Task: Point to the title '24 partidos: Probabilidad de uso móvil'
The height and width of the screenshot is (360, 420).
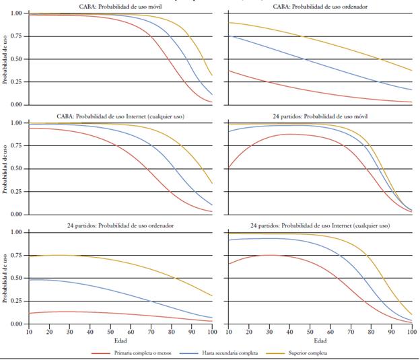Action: coord(320,116)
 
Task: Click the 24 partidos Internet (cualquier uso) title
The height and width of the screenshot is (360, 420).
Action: coord(320,225)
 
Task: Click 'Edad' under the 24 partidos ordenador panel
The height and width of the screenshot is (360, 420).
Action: coord(119,341)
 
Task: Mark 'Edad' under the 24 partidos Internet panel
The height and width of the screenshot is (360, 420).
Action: coord(320,341)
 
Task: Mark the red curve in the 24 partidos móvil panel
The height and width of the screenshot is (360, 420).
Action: coord(289,135)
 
